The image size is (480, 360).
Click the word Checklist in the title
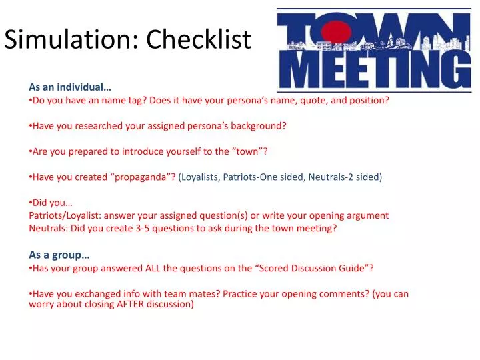pyautogui.click(x=199, y=40)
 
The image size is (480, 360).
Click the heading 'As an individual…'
pyautogui.click(x=70, y=87)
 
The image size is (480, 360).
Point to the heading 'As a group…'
pyautogui.click(x=59, y=254)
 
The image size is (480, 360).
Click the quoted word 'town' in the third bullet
pyautogui.click(x=249, y=151)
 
